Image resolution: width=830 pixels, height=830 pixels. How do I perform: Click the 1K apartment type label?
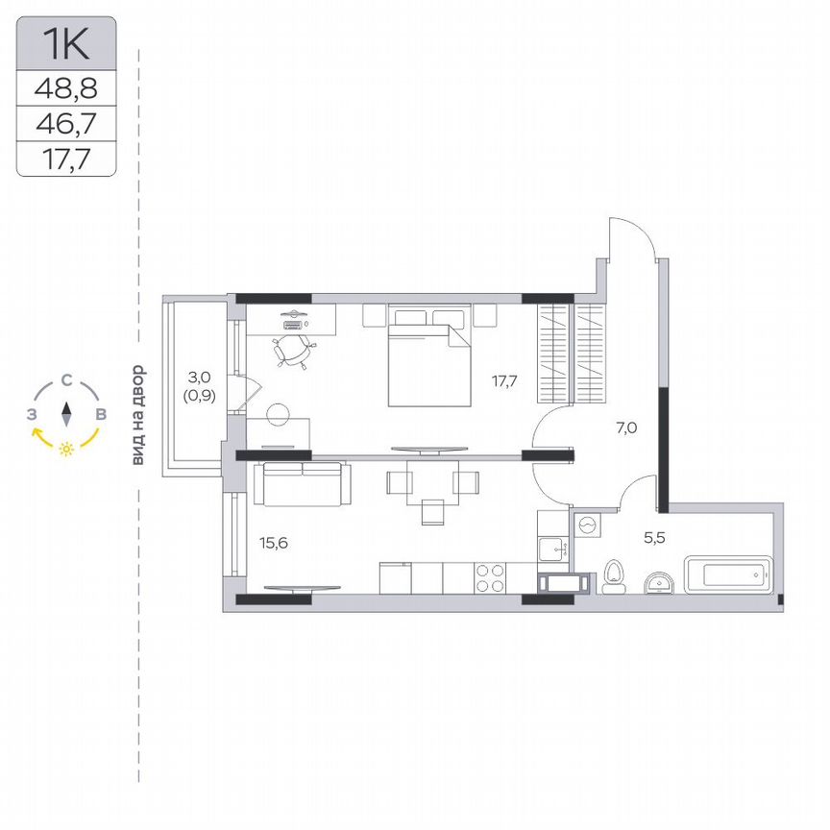(66, 44)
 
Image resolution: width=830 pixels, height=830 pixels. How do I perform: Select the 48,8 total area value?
(66, 89)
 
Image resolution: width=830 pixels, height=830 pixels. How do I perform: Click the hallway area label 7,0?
(627, 429)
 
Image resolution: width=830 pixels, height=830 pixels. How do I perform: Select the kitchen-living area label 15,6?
(274, 543)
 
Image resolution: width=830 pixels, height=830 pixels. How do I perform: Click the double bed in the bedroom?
(429, 363)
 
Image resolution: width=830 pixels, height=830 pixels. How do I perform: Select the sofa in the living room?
(297, 483)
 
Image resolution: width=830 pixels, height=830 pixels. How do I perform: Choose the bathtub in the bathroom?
(727, 575)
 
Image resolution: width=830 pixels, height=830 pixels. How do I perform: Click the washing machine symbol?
(588, 525)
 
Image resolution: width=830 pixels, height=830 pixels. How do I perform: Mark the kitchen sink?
(554, 550)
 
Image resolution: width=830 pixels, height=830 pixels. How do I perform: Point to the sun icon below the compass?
(66, 450)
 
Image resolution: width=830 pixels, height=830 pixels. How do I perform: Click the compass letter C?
(65, 380)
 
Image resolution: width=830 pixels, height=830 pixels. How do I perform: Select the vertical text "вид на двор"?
(138, 415)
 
